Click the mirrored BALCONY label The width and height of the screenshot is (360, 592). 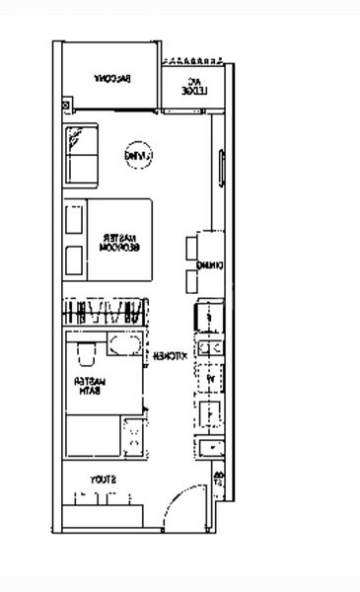click(112, 79)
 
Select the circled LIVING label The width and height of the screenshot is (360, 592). click(135, 156)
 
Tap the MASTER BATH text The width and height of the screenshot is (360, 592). click(95, 386)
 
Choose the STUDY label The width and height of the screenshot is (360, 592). click(103, 480)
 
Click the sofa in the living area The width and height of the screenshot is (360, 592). click(82, 155)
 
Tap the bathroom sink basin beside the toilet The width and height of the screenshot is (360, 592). click(124, 345)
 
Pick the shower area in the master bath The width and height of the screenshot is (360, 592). click(93, 435)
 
